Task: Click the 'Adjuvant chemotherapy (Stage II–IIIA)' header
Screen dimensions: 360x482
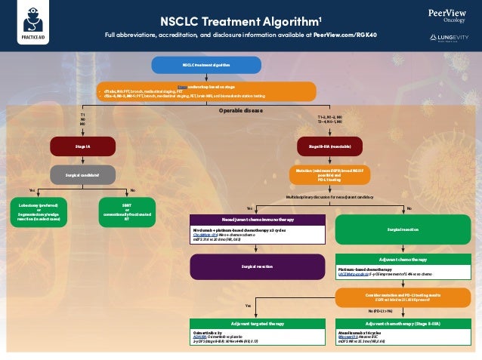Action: click(x=403, y=322)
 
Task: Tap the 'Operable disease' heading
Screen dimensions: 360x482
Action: click(x=241, y=110)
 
